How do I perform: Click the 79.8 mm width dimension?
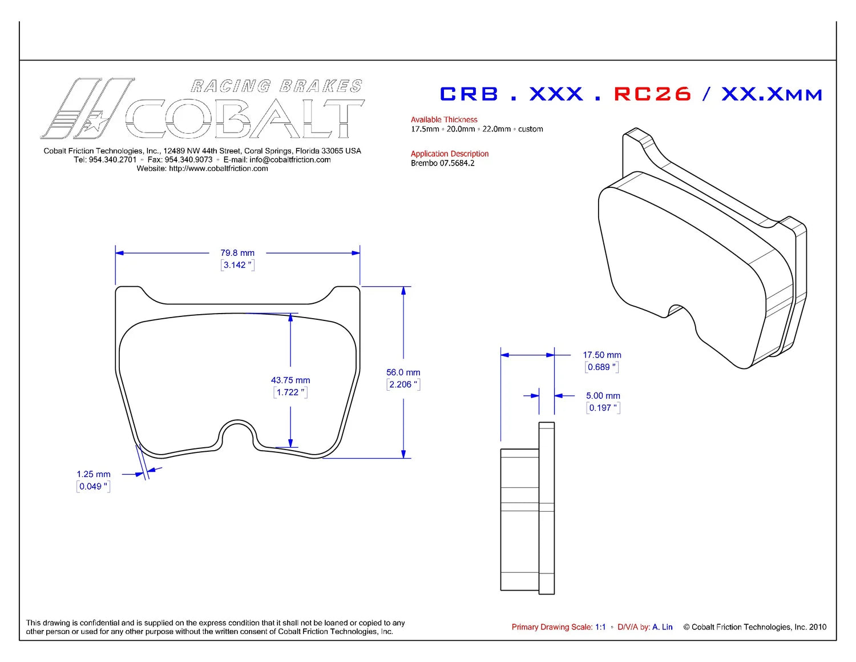pyautogui.click(x=237, y=252)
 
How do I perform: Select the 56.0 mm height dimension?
pyautogui.click(x=403, y=372)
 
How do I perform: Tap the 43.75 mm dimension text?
pyautogui.click(x=290, y=380)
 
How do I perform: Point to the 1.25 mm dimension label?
pyautogui.click(x=94, y=474)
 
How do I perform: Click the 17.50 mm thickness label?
pyautogui.click(x=602, y=355)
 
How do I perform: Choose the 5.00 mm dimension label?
pyautogui.click(x=603, y=395)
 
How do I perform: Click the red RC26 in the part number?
pyautogui.click(x=652, y=94)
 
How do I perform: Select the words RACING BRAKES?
pyautogui.click(x=276, y=86)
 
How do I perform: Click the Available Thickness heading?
pyautogui.click(x=444, y=119)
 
